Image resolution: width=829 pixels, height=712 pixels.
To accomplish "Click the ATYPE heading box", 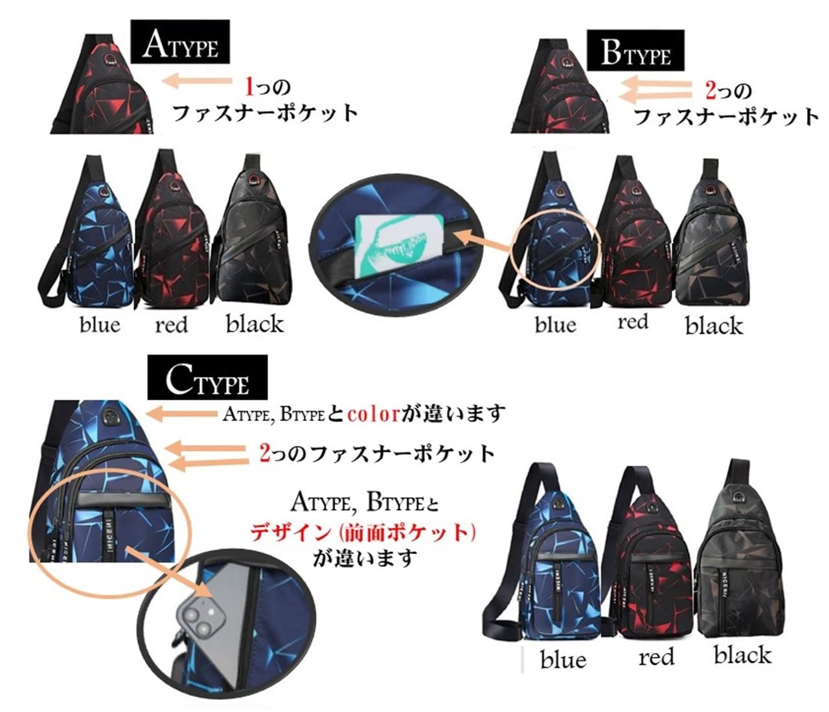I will click(x=180, y=43).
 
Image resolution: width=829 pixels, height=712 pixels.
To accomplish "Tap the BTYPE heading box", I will click(x=636, y=52).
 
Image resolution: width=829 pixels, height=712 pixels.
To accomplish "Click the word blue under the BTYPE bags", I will click(x=555, y=324).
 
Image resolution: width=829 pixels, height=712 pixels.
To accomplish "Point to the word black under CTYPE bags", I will click(x=742, y=655).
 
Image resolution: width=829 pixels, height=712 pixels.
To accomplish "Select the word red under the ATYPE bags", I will click(x=171, y=324).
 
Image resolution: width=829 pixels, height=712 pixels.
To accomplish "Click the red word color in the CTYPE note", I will click(x=373, y=413).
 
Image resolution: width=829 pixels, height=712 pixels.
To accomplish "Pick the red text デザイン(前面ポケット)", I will click(x=363, y=532).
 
